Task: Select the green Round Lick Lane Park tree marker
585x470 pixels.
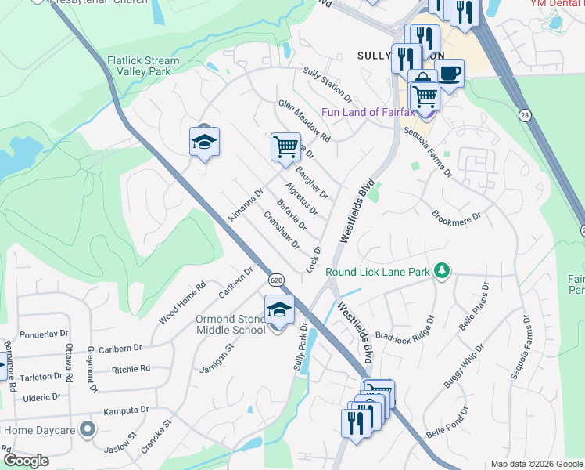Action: click(x=443, y=271)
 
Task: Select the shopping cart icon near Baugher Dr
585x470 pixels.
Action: click(x=285, y=146)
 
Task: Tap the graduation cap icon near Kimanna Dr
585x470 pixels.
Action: click(x=204, y=141)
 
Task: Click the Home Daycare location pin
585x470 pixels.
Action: click(x=88, y=428)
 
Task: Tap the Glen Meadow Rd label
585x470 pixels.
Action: click(x=304, y=121)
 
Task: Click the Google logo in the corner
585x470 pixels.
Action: click(x=26, y=461)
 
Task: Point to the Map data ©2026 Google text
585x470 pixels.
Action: click(x=537, y=464)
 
